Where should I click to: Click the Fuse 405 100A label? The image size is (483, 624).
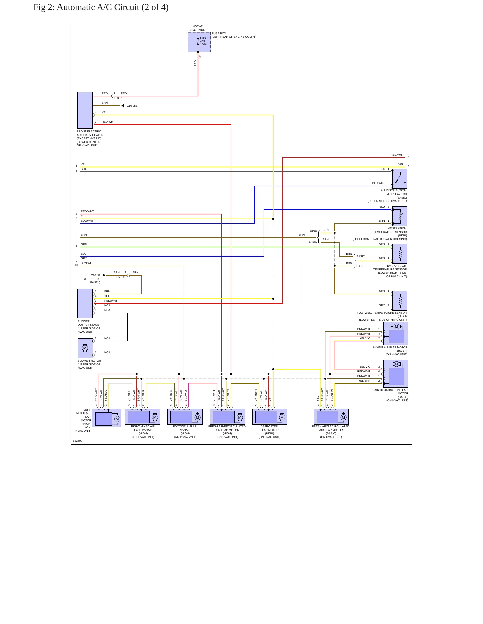[204, 41]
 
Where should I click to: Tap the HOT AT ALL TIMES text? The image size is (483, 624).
[198, 28]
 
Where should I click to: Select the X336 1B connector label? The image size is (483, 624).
[119, 98]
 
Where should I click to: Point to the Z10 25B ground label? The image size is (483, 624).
[132, 106]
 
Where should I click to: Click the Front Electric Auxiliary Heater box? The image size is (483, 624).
[85, 110]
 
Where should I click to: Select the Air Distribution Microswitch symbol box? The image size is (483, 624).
[400, 179]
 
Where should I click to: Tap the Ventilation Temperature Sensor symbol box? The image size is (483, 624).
[400, 216]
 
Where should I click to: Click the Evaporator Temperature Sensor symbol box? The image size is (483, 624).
[400, 254]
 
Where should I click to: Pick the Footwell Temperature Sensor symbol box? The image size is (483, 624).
[400, 301]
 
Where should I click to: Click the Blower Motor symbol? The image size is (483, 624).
[85, 348]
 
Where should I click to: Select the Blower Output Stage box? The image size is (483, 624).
[85, 303]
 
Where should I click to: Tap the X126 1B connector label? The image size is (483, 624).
[121, 277]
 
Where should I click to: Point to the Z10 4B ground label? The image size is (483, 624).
[96, 275]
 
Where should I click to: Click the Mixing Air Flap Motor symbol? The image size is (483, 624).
[396, 334]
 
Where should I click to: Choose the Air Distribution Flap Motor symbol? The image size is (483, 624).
[396, 374]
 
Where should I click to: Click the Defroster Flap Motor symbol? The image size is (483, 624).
[270, 417]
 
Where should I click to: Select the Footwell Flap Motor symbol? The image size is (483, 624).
[185, 417]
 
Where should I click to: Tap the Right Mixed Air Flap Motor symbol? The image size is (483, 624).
[142, 417]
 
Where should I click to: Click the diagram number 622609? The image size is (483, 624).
[78, 441]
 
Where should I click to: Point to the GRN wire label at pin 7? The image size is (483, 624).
[84, 244]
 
